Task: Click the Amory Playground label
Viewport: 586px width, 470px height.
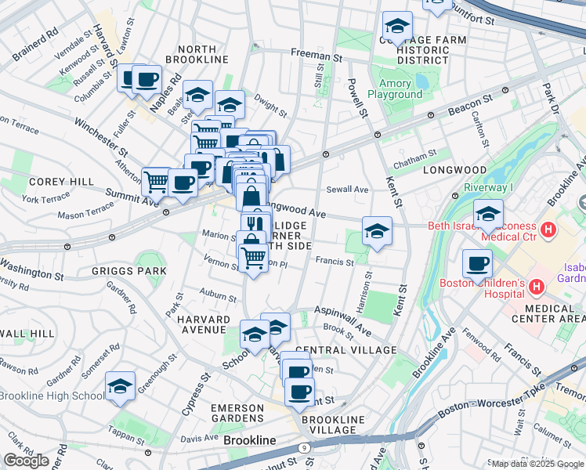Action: pos(395,89)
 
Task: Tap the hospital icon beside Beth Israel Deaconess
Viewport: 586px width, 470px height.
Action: pos(548,231)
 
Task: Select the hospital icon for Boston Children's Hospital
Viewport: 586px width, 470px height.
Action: pos(536,287)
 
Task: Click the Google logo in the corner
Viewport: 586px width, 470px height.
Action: pos(26,461)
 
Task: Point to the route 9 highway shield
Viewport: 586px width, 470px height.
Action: pos(304,447)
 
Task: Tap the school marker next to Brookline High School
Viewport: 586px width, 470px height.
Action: pos(120,387)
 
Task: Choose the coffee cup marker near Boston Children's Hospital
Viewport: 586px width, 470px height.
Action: pos(477,265)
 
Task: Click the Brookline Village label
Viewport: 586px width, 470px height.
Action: pos(333,425)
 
